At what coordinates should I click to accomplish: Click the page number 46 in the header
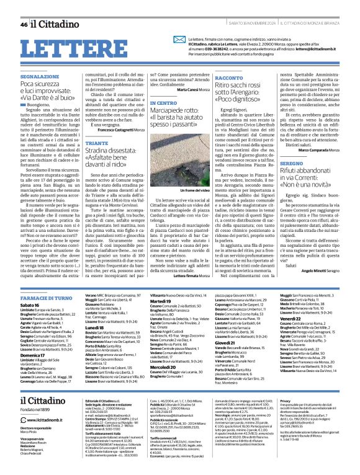tap(24, 24)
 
